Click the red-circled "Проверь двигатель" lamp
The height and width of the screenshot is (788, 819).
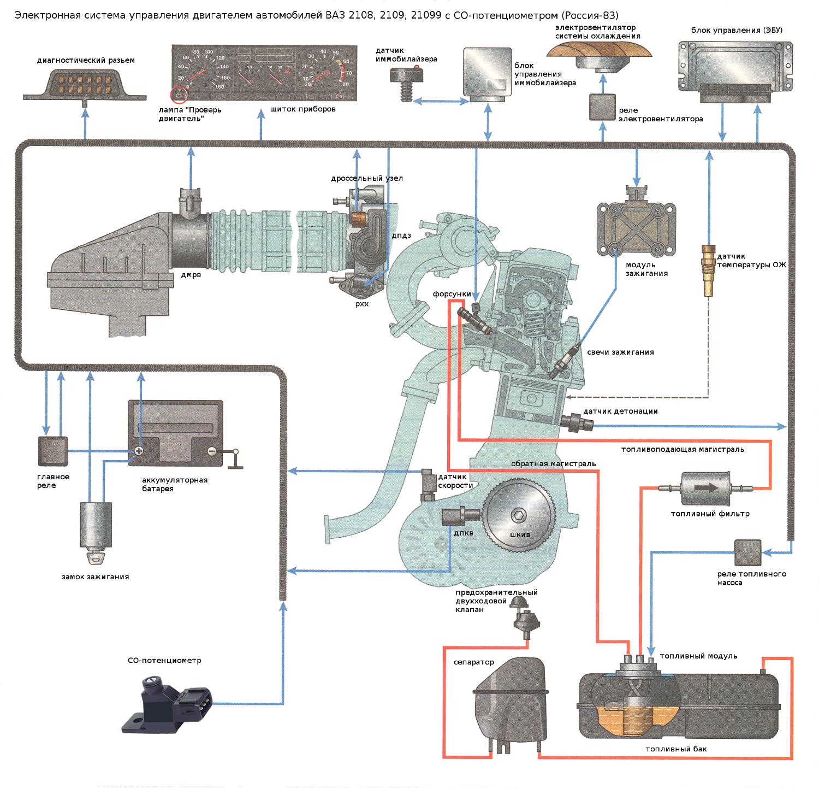[x=179, y=95]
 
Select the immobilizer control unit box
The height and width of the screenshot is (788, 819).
[x=488, y=72]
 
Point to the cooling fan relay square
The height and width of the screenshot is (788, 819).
[x=602, y=107]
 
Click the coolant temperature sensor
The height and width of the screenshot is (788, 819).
[x=708, y=271]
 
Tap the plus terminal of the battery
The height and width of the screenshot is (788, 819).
[x=139, y=451]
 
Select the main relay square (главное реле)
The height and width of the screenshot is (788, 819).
[x=53, y=451]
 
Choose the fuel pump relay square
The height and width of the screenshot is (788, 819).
[x=747, y=552]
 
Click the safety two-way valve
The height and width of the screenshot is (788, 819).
[x=526, y=618]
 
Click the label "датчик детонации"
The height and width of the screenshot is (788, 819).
[x=620, y=411]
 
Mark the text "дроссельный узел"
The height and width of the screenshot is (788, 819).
[x=367, y=178]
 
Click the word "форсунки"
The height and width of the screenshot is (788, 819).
[x=452, y=294]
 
